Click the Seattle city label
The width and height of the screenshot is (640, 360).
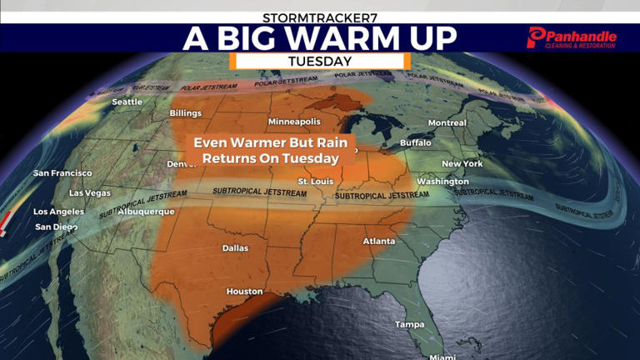[127, 102]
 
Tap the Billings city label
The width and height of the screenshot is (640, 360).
[186, 112]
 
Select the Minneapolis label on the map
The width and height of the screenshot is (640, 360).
[294, 122]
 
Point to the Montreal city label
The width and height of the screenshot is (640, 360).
[447, 122]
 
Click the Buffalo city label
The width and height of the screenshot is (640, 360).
[416, 142]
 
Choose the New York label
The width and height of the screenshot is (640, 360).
[462, 163]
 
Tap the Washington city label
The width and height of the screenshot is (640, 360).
[442, 181]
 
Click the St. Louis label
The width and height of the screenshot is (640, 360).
[316, 181]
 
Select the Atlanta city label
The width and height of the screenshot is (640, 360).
[379, 241]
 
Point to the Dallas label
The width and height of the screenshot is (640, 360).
[235, 247]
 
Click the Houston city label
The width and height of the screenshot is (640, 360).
[245, 292]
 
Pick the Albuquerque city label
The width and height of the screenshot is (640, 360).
[146, 212]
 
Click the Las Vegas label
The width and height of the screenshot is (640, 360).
[89, 192]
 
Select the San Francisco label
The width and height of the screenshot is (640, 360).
[62, 173]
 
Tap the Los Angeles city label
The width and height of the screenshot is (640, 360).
[58, 212]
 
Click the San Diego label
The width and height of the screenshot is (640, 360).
[53, 227]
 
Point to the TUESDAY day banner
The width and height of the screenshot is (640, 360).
[319, 61]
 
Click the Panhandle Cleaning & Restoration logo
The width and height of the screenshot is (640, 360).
[572, 37]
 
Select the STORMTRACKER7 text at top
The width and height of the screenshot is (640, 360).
[320, 17]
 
